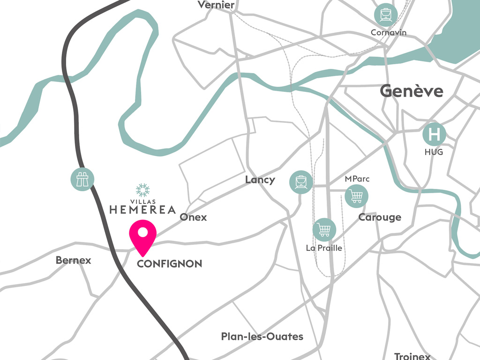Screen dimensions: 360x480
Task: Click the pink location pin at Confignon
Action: point(142,234)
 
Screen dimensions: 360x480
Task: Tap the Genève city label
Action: point(411,90)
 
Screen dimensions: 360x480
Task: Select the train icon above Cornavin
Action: point(386,15)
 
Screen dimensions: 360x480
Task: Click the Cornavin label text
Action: point(388,33)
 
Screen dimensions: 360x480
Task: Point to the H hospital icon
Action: point(435,135)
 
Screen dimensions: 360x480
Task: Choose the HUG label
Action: point(434,152)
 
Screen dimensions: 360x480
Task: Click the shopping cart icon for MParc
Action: point(356,196)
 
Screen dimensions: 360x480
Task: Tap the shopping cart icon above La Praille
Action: point(324,230)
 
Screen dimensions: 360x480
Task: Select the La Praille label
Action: point(324,248)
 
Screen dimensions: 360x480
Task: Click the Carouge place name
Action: point(380,217)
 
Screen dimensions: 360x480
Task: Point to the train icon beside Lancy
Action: point(301,181)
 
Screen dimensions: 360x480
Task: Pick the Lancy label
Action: point(260,180)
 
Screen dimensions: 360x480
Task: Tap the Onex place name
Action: point(193,217)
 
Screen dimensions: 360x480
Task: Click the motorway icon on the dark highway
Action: point(82,178)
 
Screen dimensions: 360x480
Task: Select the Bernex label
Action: point(73,260)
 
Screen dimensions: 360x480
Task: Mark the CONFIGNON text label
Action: point(169,264)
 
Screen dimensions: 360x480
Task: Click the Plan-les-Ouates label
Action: point(262,337)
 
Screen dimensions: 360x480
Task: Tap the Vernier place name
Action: point(216,5)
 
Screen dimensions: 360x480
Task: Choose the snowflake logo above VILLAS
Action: point(142,190)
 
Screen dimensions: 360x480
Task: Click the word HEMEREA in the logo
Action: point(142,210)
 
